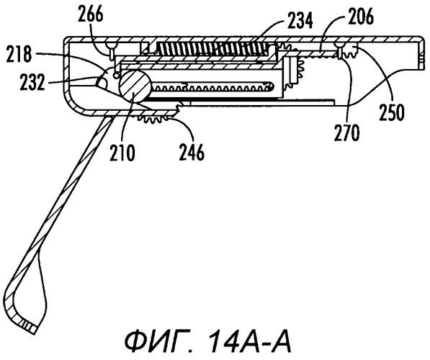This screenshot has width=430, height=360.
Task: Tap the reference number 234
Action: click(300, 22)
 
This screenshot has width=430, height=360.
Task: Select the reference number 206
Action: click(361, 17)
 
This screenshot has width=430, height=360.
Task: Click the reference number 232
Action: click(32, 82)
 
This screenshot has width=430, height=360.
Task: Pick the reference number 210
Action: click(122, 153)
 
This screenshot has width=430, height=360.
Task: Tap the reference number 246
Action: click(192, 153)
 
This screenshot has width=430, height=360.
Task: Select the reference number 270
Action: click(346, 132)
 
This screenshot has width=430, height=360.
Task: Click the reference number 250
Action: click(392, 112)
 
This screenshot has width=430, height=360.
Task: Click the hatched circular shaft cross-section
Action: click(135, 86)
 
